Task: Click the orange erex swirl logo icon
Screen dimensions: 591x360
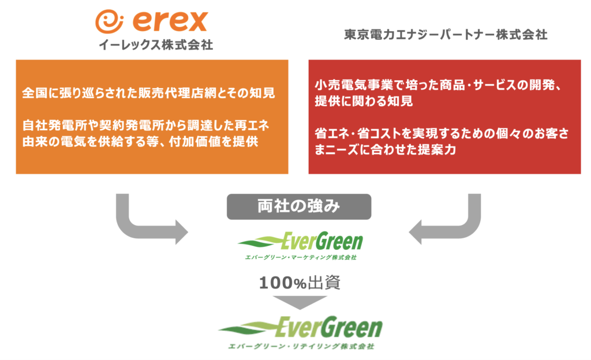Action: [x=109, y=21]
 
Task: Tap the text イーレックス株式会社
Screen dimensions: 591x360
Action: [x=156, y=45]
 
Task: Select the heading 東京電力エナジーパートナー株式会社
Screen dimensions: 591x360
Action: [x=446, y=35]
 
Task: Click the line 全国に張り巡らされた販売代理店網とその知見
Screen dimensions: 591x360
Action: [x=148, y=93]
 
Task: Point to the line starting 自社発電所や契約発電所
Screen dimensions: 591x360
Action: [x=146, y=125]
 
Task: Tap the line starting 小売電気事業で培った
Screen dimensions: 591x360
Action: [x=439, y=85]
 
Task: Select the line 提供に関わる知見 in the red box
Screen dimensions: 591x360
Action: [x=364, y=101]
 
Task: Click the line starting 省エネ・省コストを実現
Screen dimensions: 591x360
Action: [x=442, y=133]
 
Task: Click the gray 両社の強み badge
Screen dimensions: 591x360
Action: [x=299, y=207]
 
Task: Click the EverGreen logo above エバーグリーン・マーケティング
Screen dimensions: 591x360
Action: [x=300, y=241]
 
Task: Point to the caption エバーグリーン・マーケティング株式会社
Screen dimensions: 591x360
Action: [x=301, y=257]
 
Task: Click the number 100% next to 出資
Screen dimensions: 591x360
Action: [x=283, y=283]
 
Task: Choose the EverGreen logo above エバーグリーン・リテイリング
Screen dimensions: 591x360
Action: [x=300, y=327]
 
